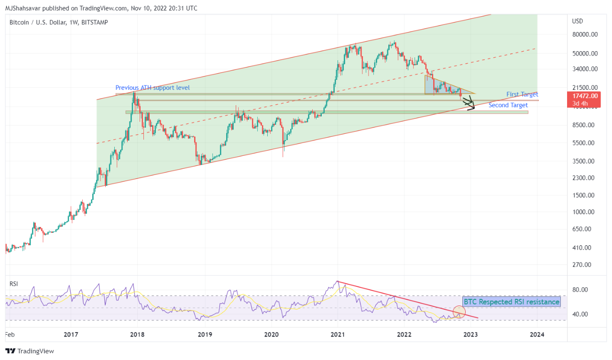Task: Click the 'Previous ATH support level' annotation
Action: [x=153, y=87]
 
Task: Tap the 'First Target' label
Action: [x=522, y=95]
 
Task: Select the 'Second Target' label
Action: [x=508, y=105]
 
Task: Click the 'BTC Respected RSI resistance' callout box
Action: [x=511, y=302]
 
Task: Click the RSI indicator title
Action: [x=14, y=284]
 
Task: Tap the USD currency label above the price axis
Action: [x=578, y=22]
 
